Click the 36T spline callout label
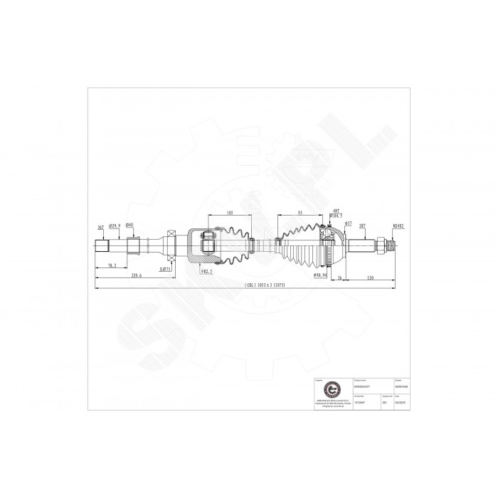pos(100,227)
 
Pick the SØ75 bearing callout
pos(166,270)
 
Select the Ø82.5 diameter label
pos(207,271)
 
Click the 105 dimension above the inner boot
pos(230,213)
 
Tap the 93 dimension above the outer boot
pos(302,213)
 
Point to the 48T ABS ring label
pos(336,211)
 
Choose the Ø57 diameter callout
pos(349,223)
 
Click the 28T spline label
pos(362,227)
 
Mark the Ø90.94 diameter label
pos(319,274)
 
